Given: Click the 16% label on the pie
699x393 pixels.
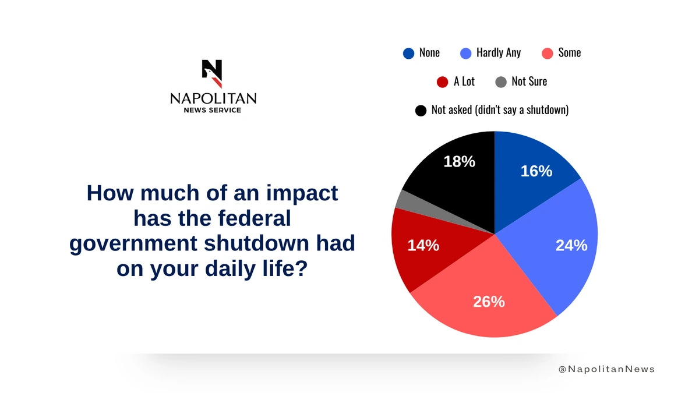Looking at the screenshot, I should [536, 171].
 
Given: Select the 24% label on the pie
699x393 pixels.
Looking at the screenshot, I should [571, 246].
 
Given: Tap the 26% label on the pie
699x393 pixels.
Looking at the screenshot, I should [489, 302].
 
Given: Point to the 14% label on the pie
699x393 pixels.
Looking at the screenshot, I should [423, 246].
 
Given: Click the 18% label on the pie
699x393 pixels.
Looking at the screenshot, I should [459, 162].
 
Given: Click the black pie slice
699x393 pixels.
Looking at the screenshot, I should [454, 180].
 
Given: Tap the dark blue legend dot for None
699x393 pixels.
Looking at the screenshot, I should [409, 53].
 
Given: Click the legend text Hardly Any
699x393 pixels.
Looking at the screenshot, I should [498, 53].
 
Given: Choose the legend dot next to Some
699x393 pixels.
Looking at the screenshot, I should [547, 53].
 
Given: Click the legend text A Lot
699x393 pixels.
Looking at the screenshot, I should [464, 82].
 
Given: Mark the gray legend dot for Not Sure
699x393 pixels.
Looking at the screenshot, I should [501, 82].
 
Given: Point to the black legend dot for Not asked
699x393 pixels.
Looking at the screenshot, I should [421, 110].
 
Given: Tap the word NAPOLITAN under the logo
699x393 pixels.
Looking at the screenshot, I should [213, 99].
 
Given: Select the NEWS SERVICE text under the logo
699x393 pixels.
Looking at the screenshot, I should [213, 110].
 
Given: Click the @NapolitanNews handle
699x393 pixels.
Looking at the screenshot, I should [606, 369].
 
